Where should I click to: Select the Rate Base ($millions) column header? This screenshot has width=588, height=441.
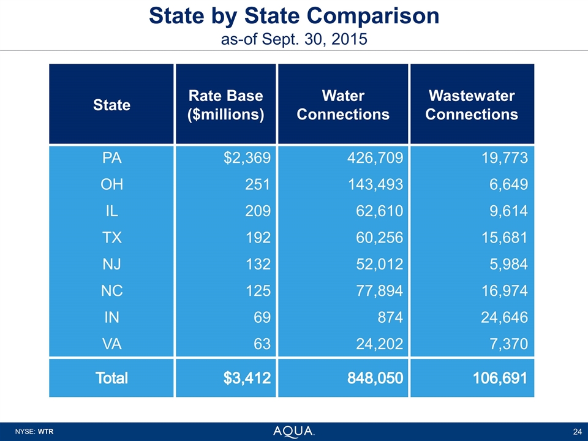pyautogui.click(x=225, y=105)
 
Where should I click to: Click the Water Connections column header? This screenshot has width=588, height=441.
pyautogui.click(x=342, y=105)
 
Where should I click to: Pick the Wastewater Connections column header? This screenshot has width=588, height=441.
pyautogui.click(x=471, y=105)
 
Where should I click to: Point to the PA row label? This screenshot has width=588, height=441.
pyautogui.click(x=111, y=159)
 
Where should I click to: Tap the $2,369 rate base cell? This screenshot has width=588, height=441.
pyautogui.click(x=248, y=159)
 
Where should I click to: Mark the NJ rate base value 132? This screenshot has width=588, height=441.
pyautogui.click(x=258, y=264)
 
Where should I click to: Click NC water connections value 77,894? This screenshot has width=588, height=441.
pyautogui.click(x=379, y=290)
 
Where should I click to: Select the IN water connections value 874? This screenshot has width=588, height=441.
pyautogui.click(x=390, y=317)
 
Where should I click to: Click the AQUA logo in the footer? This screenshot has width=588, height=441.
pyautogui.click(x=293, y=431)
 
